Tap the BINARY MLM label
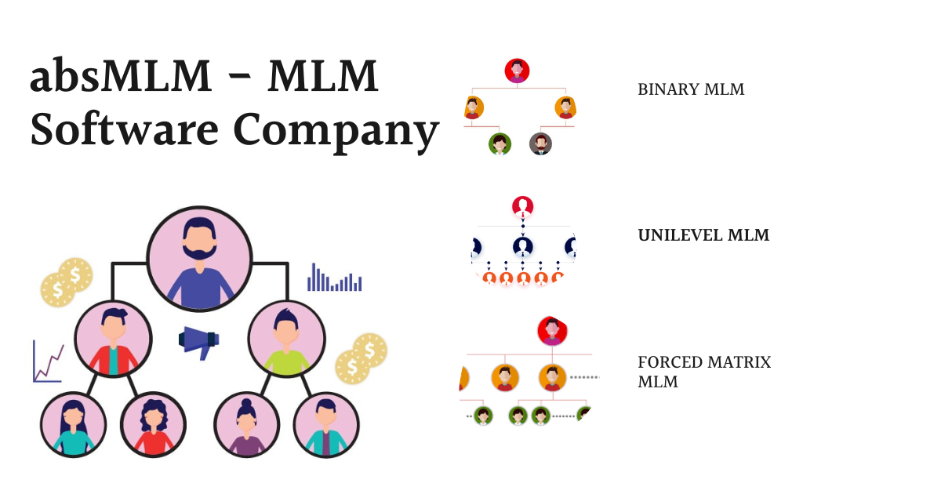click(691, 89)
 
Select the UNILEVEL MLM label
click(703, 235)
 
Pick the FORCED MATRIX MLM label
click(703, 372)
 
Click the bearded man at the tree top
click(199, 260)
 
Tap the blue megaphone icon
click(199, 341)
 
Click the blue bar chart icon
click(335, 278)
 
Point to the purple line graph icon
click(48, 361)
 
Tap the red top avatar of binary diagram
click(517, 71)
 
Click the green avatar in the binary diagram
click(500, 143)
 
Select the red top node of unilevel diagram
click(523, 207)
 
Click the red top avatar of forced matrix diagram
click(552, 331)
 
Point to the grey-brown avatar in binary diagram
click(540, 143)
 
